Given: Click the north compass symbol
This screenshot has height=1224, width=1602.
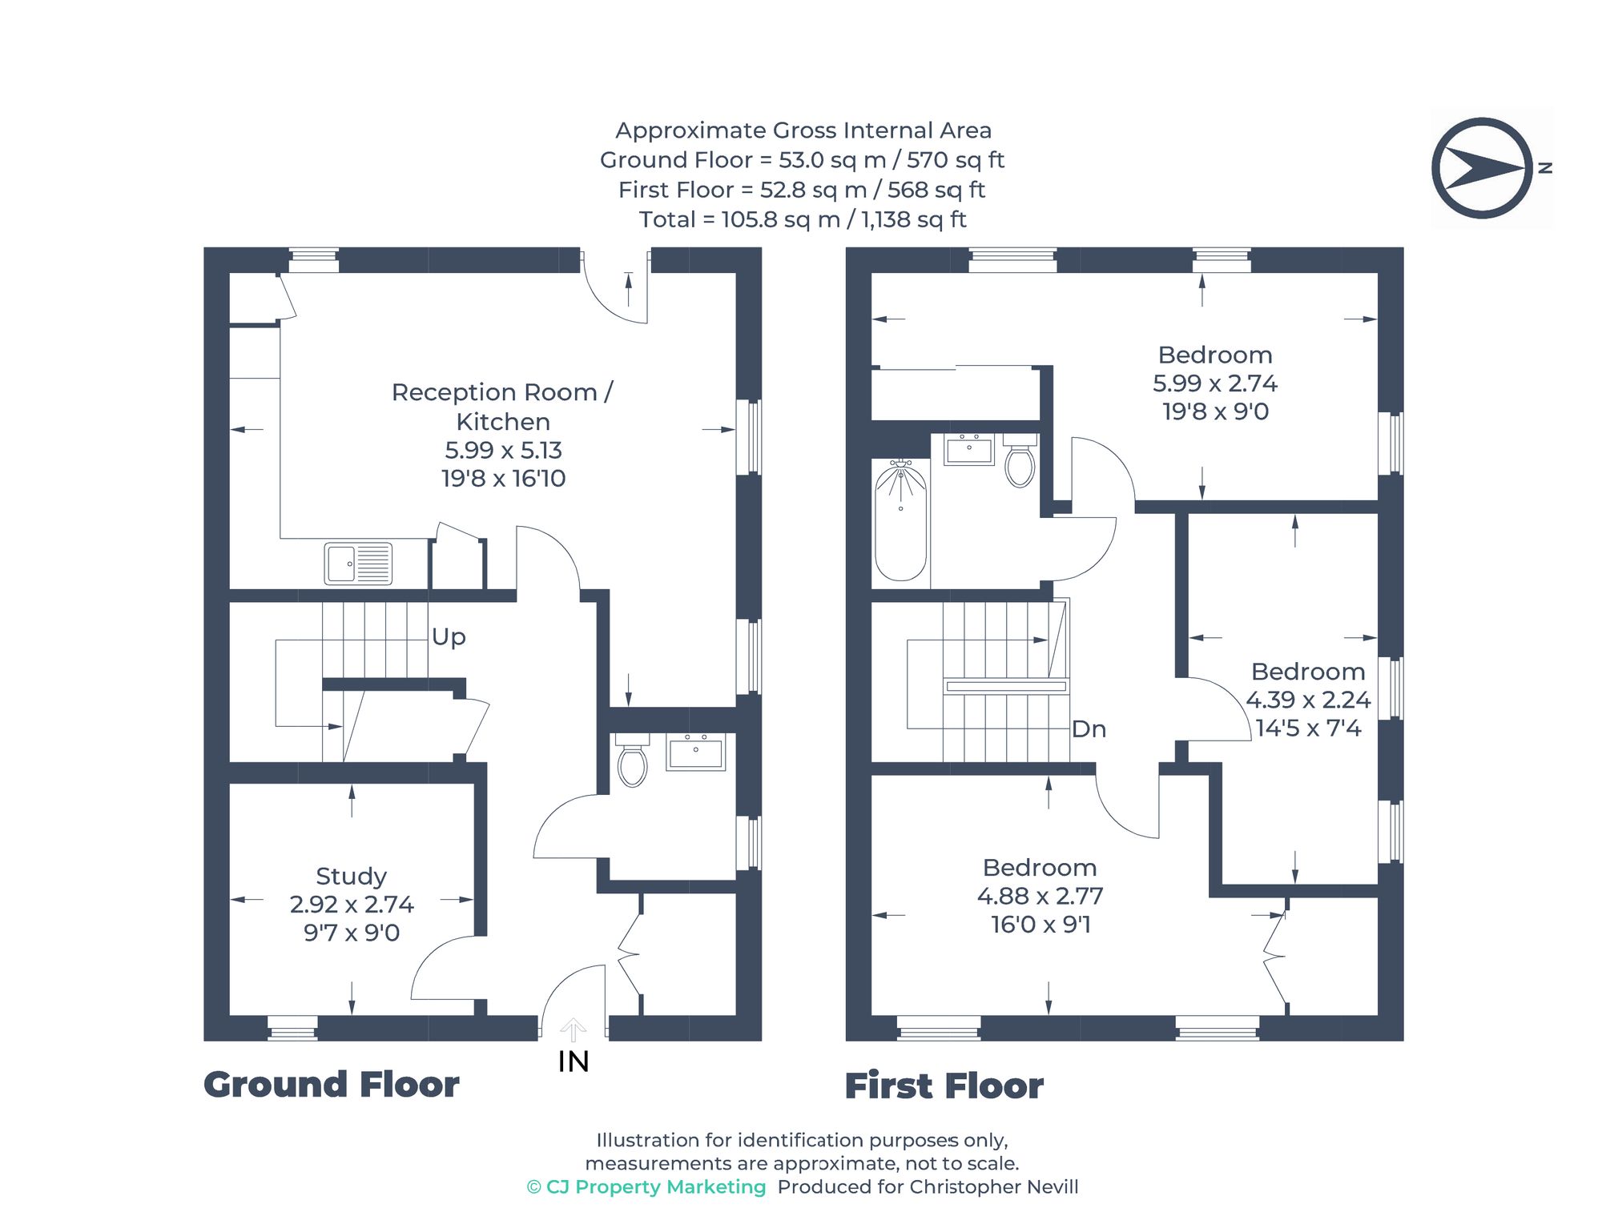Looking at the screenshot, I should (x=1482, y=168).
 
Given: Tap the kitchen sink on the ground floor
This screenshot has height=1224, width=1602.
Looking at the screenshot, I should (x=358, y=564).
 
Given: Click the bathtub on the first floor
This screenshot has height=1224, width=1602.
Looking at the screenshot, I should (x=901, y=520).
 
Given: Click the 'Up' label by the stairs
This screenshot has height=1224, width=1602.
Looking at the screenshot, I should (x=449, y=637).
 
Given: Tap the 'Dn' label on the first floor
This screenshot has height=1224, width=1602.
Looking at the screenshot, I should (x=1089, y=729).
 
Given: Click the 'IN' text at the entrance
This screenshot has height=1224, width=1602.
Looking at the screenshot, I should (x=574, y=1062).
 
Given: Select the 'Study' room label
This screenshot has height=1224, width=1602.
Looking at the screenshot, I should (x=351, y=876).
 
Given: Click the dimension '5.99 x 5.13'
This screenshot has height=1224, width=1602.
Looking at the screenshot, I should (x=503, y=450).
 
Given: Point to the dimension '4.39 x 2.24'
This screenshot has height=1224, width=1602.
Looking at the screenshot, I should (x=1308, y=700).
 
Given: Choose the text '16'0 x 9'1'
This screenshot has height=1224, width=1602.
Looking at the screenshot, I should (x=1040, y=925).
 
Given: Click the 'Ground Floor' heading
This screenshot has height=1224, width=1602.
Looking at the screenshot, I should (x=331, y=1085).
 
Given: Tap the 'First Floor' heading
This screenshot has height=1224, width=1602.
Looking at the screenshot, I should (x=944, y=1086).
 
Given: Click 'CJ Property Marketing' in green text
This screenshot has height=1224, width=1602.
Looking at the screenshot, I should (x=655, y=1186).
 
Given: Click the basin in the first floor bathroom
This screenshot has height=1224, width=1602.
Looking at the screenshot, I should (x=968, y=450).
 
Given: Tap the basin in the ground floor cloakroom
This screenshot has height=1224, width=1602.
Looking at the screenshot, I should (x=695, y=752).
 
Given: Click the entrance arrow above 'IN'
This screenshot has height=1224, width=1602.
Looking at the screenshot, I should (x=573, y=1029).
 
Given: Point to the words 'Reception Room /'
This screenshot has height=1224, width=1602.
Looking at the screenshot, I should (x=502, y=392).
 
